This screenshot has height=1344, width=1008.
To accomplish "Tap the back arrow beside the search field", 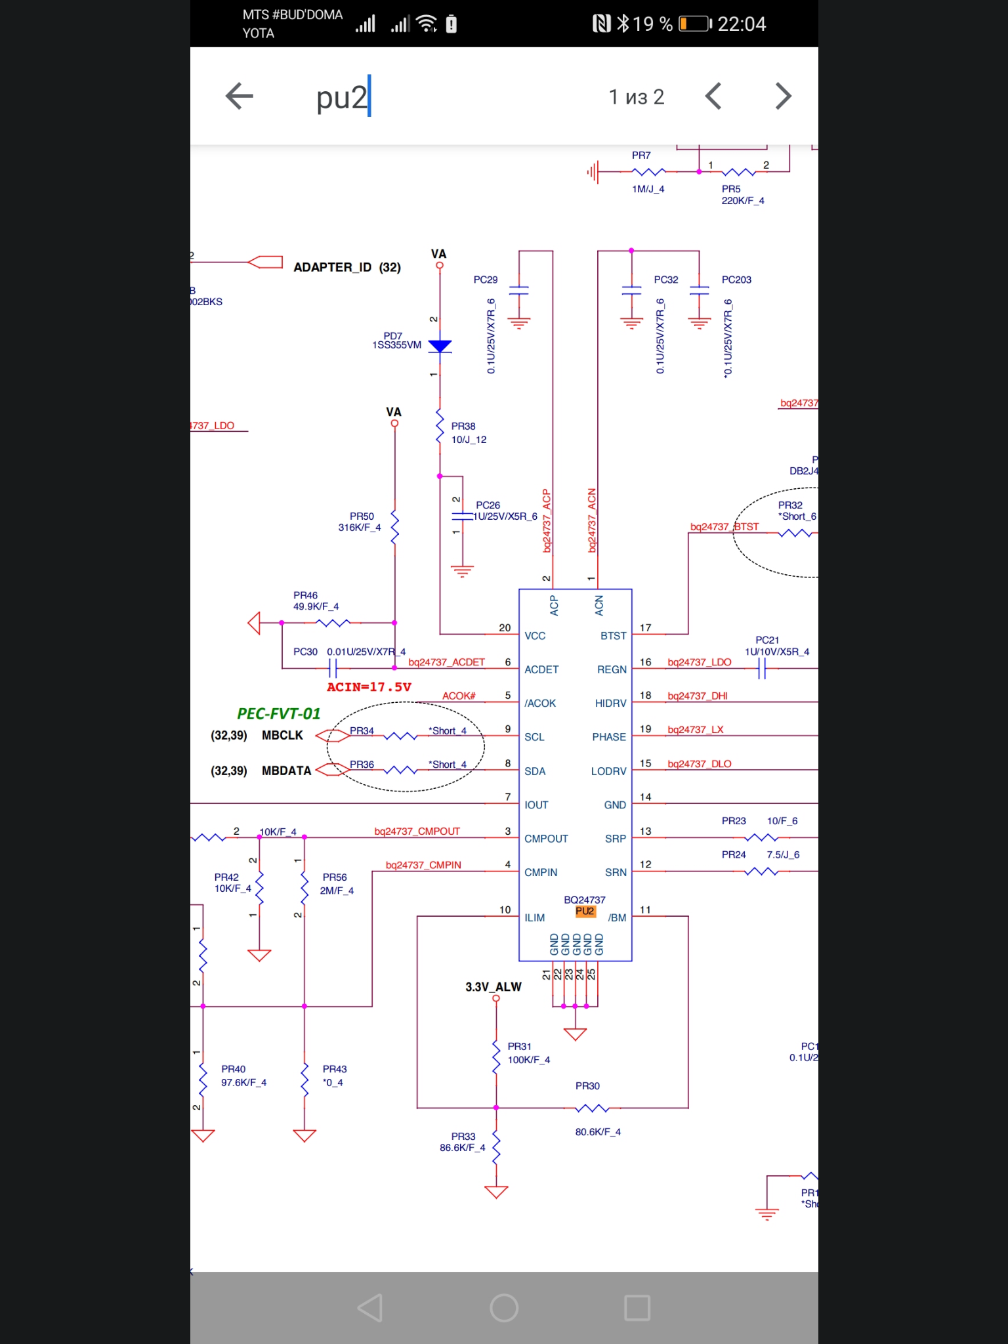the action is (x=239, y=96).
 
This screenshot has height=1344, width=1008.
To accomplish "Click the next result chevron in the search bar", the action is (x=783, y=96).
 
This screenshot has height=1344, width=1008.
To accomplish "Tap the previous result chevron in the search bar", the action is (x=713, y=96).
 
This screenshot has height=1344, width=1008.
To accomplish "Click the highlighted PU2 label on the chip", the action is (x=585, y=912).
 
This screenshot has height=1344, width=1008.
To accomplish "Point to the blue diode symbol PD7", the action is (x=440, y=346).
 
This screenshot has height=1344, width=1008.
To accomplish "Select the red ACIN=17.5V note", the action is (x=369, y=687).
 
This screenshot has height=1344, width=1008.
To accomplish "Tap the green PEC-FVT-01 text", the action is (x=279, y=714).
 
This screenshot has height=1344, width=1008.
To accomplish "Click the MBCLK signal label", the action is (x=282, y=736).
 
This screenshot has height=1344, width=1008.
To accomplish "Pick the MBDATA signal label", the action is (x=286, y=770).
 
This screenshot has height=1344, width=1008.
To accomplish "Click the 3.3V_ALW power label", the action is (x=493, y=987).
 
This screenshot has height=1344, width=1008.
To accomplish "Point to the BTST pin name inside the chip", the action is (x=614, y=636).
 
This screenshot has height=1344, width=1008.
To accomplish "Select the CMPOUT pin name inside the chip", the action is (x=546, y=839).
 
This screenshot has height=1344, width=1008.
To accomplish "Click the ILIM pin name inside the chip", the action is (x=535, y=918).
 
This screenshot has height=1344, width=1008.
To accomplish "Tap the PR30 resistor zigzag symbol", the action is (x=592, y=1108).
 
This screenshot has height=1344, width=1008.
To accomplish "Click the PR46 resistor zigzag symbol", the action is (x=333, y=623).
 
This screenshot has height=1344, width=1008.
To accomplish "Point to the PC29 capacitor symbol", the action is (x=518, y=291).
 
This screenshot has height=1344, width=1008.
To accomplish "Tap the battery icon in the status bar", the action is (x=695, y=24).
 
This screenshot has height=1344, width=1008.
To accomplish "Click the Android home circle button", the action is (x=504, y=1308).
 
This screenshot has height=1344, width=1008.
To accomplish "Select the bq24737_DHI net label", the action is (x=698, y=696).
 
